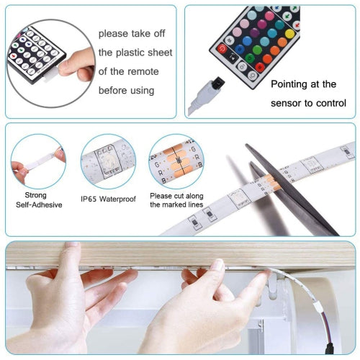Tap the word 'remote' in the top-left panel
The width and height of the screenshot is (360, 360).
point(143,71)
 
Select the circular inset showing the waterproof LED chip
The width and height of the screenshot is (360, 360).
point(107,161)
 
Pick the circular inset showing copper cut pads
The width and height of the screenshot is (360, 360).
point(175,161)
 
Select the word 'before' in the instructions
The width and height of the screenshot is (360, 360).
point(116,91)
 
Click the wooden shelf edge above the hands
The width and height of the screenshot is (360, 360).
point(180,253)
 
